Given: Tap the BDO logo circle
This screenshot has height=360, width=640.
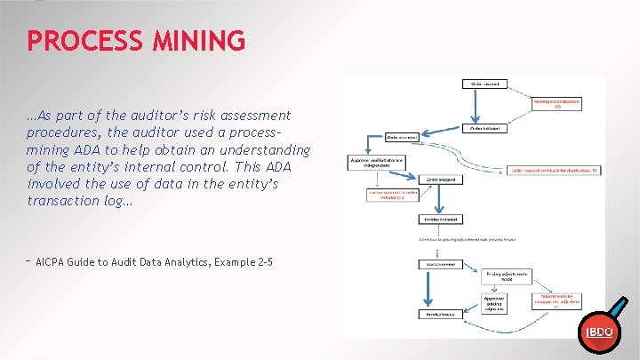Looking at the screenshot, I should point(597,332).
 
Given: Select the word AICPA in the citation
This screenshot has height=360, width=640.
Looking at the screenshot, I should point(55,262).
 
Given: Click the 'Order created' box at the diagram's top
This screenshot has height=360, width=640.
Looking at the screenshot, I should point(485,84).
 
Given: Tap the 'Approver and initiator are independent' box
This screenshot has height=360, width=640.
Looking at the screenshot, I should point(375,163).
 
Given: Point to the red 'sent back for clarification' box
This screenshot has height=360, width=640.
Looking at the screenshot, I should point(556,169).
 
